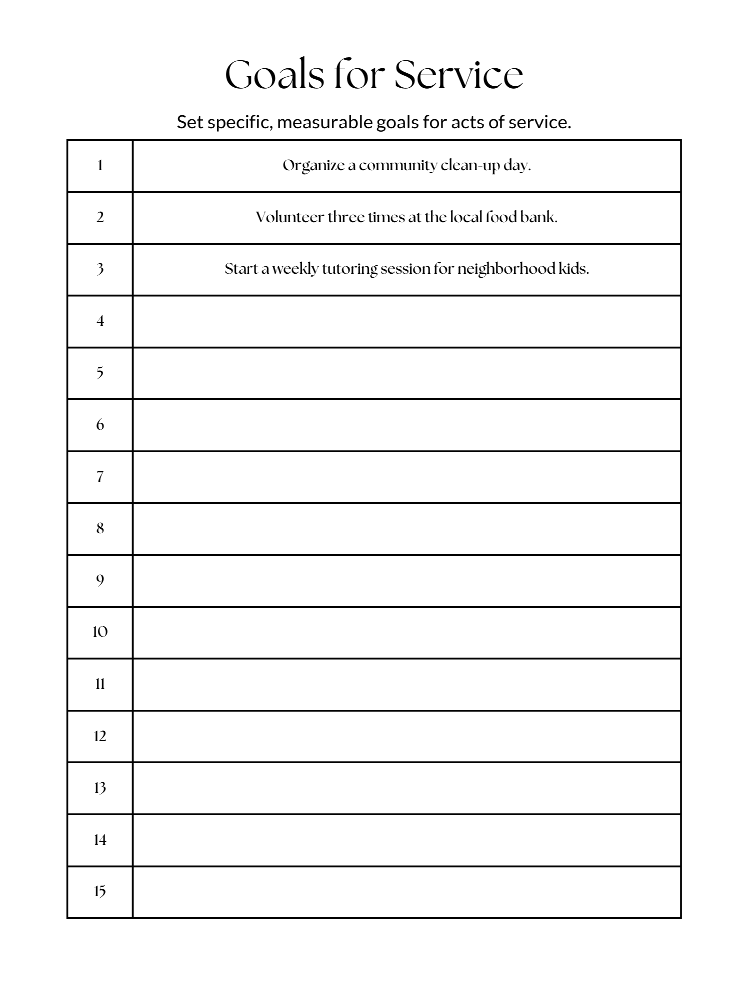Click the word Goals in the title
click(274, 75)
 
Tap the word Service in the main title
click(459, 75)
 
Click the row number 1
click(100, 166)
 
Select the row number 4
click(100, 321)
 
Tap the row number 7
click(100, 477)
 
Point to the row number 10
click(100, 632)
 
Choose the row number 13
click(100, 788)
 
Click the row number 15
click(100, 891)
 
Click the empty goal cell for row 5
click(407, 373)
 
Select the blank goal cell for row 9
click(407, 581)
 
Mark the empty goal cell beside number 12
click(407, 736)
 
